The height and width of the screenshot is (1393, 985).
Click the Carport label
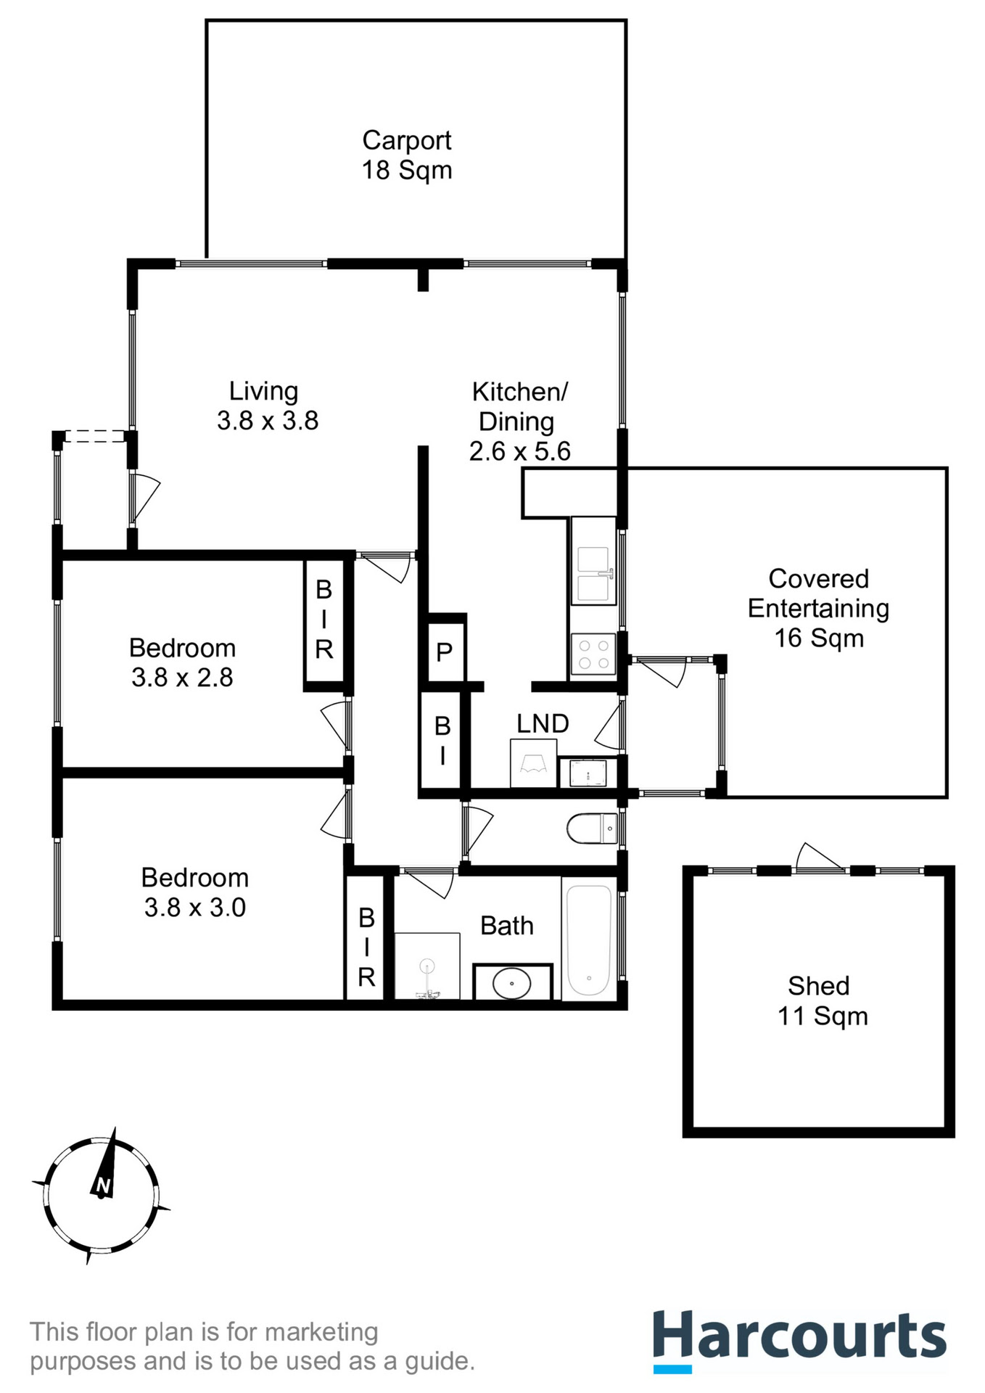[x=406, y=140]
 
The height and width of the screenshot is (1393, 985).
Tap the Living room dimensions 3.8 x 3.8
[x=268, y=421]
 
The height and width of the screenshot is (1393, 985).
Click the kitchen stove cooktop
[x=593, y=654]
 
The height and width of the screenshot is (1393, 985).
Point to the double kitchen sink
[x=593, y=575]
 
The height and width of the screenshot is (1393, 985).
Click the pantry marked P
[x=445, y=652]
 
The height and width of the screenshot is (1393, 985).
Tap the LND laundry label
[x=543, y=723]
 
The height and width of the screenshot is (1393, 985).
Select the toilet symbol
[x=592, y=829]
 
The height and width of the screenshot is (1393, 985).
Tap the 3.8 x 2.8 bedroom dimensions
[x=182, y=678]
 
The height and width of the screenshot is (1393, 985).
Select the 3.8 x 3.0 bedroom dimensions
[x=195, y=908]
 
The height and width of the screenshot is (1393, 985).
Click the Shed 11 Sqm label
[x=820, y=1000]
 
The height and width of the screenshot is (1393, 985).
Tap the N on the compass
[x=103, y=1186]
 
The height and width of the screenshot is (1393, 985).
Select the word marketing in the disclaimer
[x=321, y=1332]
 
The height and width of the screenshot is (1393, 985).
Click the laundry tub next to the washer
[x=588, y=773]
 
